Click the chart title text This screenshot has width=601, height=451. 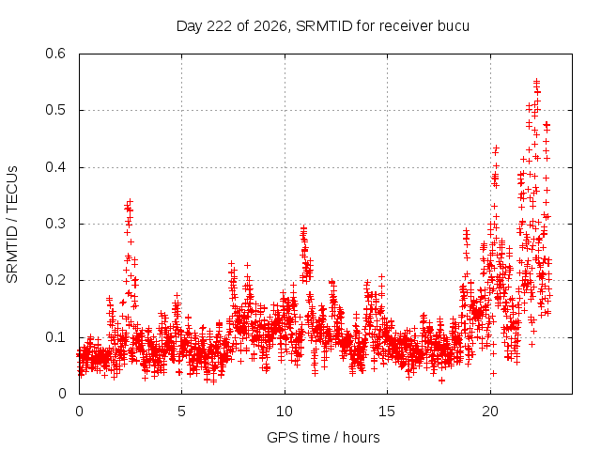[x=323, y=26]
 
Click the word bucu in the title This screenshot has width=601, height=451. [x=453, y=26]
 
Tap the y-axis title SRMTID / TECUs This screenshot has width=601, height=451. [x=12, y=225]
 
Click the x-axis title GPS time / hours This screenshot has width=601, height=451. [x=323, y=437]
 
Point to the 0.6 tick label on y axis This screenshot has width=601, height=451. [x=55, y=54]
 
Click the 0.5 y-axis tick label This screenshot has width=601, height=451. [x=55, y=110]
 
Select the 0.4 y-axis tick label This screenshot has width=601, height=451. [x=55, y=167]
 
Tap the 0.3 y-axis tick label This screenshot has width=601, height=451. [x=55, y=224]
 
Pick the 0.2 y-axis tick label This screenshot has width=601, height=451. [x=55, y=280]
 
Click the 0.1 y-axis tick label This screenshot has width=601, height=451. [x=55, y=337]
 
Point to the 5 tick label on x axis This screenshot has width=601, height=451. [x=181, y=412]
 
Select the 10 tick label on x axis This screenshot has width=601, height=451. [x=285, y=412]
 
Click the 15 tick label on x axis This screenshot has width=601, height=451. [x=387, y=412]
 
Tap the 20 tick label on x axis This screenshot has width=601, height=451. [x=490, y=412]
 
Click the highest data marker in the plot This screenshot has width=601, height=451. [x=536, y=81]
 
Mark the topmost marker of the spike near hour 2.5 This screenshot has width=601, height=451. [x=131, y=201]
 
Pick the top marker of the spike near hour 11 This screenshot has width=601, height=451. [x=303, y=227]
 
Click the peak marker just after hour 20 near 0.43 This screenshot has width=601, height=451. [x=497, y=148]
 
